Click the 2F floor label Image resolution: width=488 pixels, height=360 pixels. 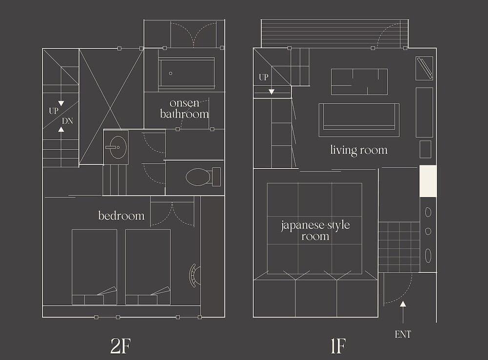coord(121,346)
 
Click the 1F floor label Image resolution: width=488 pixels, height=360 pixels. coord(338,346)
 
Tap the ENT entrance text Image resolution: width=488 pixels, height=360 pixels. coord(403,335)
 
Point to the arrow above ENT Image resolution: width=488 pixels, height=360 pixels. coord(403,312)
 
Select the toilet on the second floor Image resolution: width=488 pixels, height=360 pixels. coord(203,177)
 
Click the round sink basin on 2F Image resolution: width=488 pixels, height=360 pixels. coord(118,148)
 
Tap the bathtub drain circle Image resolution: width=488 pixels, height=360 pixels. coord(170,73)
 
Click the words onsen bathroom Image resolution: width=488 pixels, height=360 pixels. coord(184,108)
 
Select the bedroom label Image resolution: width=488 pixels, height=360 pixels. coord(122,215)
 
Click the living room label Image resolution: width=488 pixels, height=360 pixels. coord(359,150)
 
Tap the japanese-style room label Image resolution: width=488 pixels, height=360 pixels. coord(315,231)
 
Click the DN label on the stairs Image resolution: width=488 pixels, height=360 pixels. coord(67,121)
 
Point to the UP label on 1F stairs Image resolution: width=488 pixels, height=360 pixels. coord(264,77)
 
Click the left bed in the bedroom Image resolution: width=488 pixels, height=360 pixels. coord(94,267)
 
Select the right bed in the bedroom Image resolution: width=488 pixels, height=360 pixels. coord(148,267)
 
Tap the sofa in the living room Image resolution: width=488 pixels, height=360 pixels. coord(359,120)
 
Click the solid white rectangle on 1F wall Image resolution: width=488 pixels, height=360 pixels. coord(428,181)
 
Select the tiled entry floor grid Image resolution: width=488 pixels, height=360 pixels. coord(399,247)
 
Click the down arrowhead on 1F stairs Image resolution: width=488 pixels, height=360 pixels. coord(271,92)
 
